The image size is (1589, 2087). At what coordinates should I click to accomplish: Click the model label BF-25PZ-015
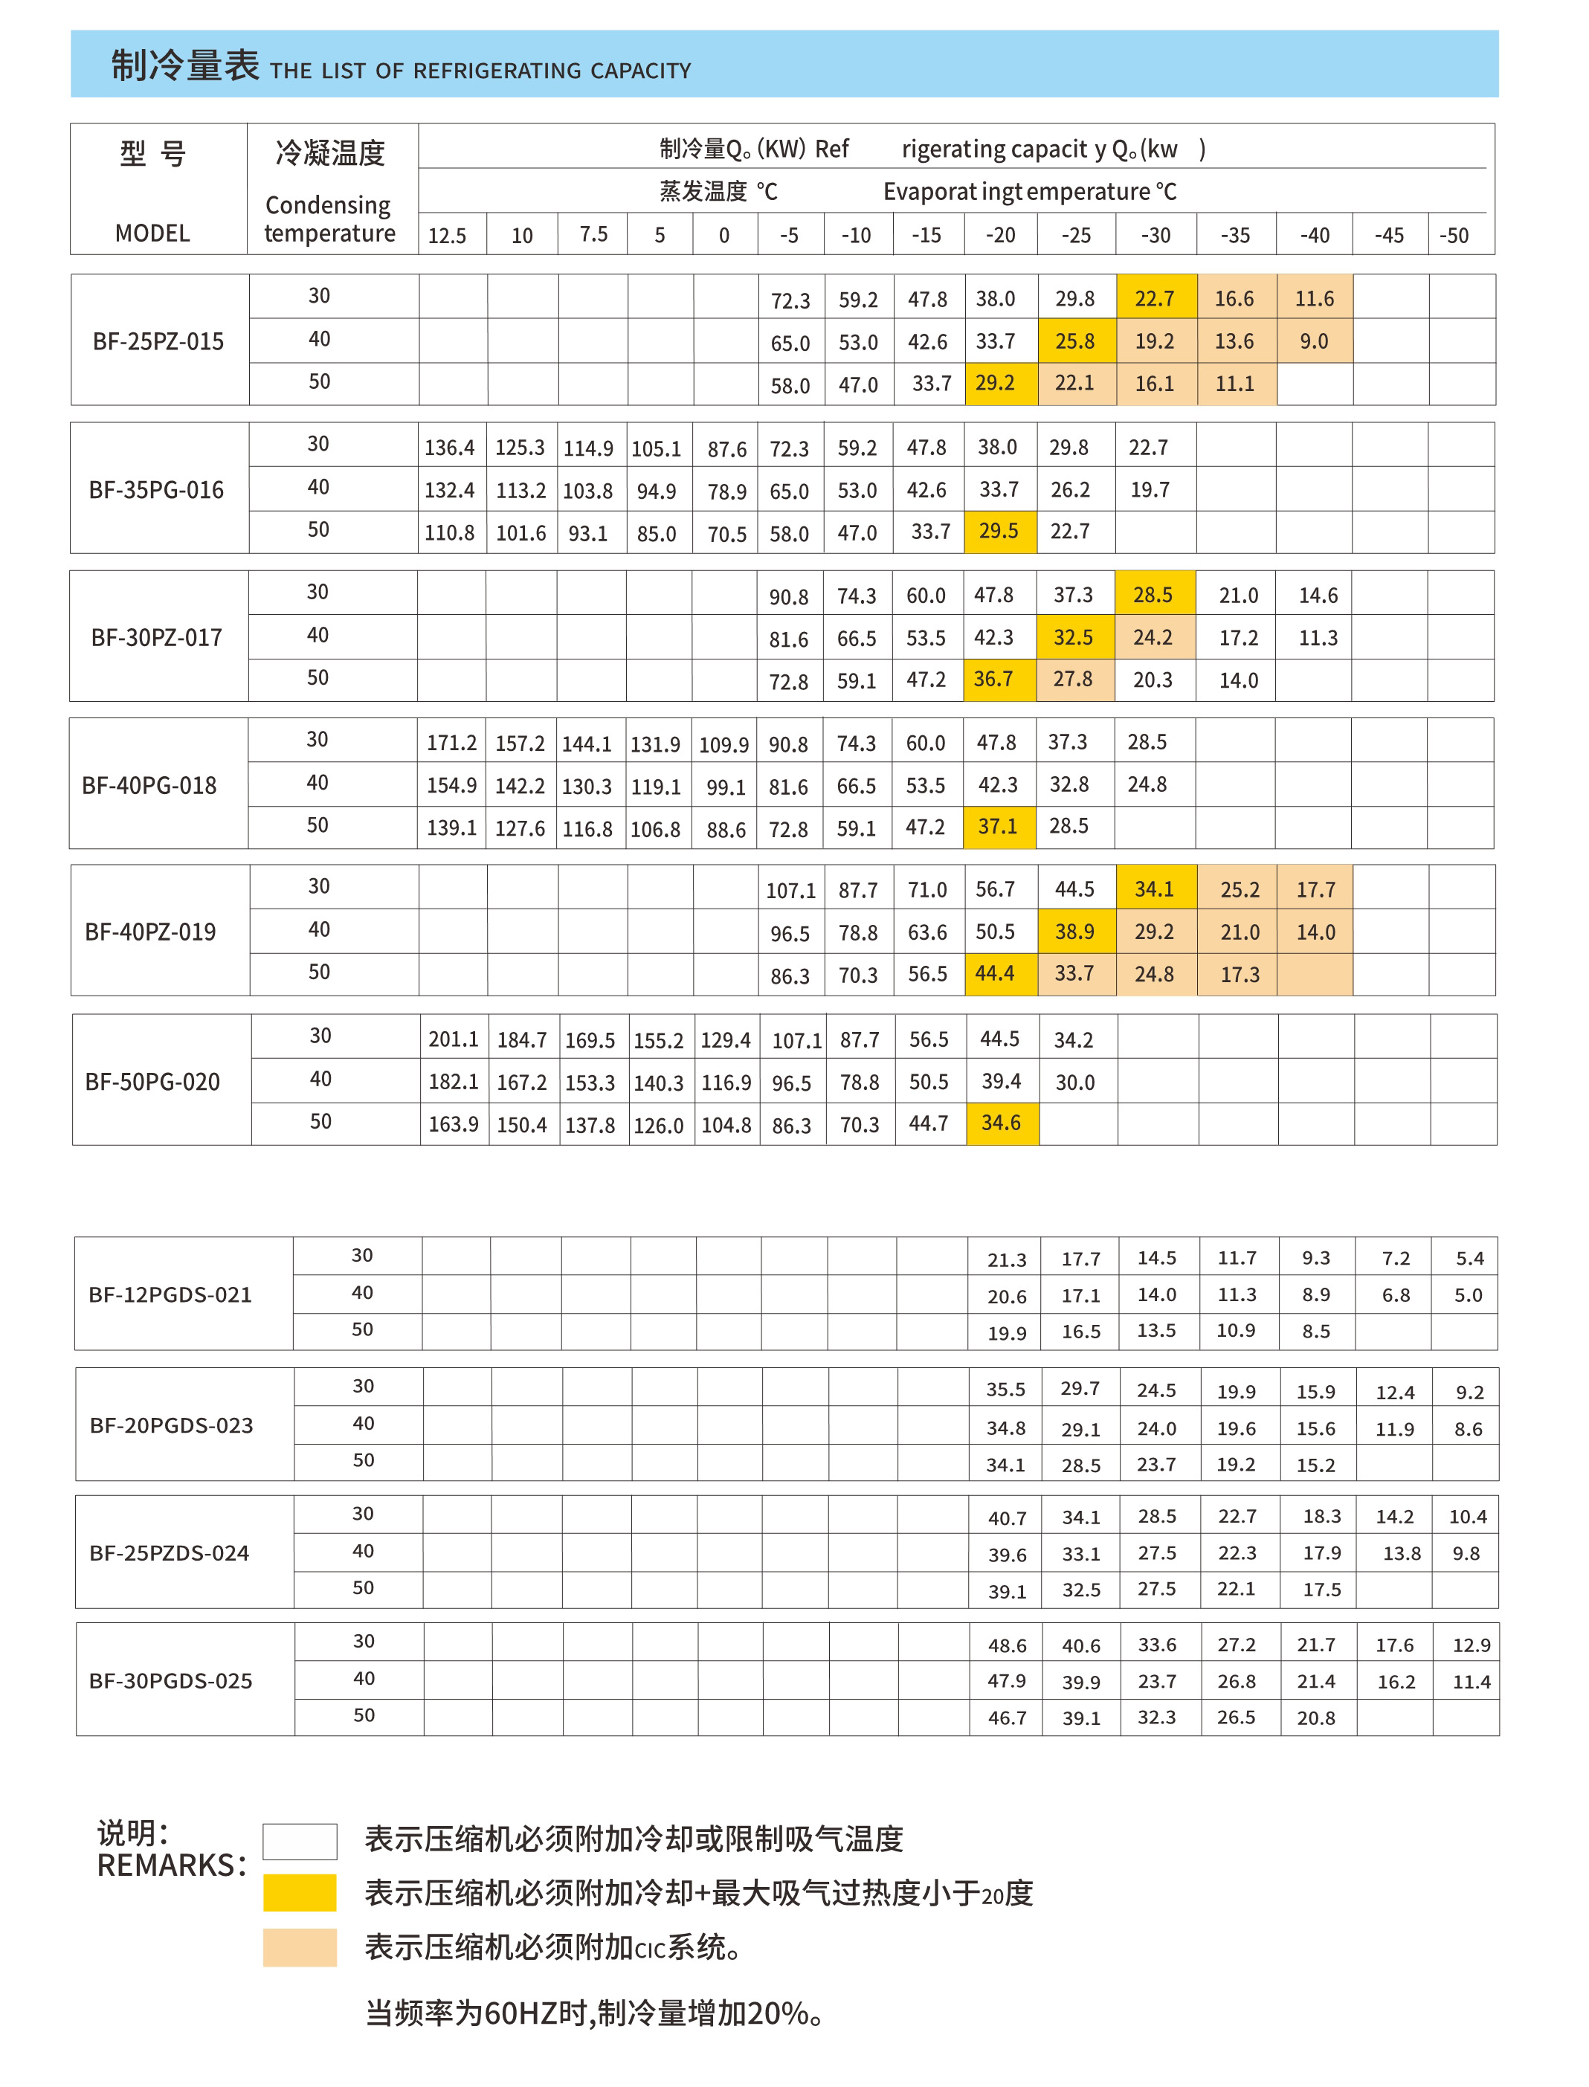click(x=158, y=341)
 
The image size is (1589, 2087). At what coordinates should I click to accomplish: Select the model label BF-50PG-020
click(x=152, y=1082)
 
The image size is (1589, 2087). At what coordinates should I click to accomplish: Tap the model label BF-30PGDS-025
click(x=170, y=1680)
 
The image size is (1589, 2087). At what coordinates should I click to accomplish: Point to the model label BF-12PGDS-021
click(x=170, y=1294)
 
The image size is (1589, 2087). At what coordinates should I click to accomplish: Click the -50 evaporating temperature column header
click(x=1454, y=236)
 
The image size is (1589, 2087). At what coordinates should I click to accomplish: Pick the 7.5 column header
click(x=593, y=234)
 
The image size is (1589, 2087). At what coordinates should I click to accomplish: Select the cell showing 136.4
click(x=449, y=448)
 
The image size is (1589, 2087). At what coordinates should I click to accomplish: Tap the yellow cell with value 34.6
click(x=1001, y=1123)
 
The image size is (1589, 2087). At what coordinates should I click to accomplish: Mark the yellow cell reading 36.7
click(x=993, y=679)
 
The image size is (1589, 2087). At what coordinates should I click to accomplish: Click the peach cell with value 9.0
click(x=1314, y=341)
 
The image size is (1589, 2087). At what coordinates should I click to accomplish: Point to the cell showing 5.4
click(x=1470, y=1258)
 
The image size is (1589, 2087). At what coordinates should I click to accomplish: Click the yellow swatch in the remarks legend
click(x=300, y=1892)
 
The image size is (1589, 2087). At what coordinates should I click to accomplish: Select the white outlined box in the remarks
click(x=300, y=1841)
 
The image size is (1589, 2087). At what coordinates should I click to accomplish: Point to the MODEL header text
click(x=152, y=233)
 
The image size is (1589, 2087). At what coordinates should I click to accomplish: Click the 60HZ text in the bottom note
click(x=520, y=2013)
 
